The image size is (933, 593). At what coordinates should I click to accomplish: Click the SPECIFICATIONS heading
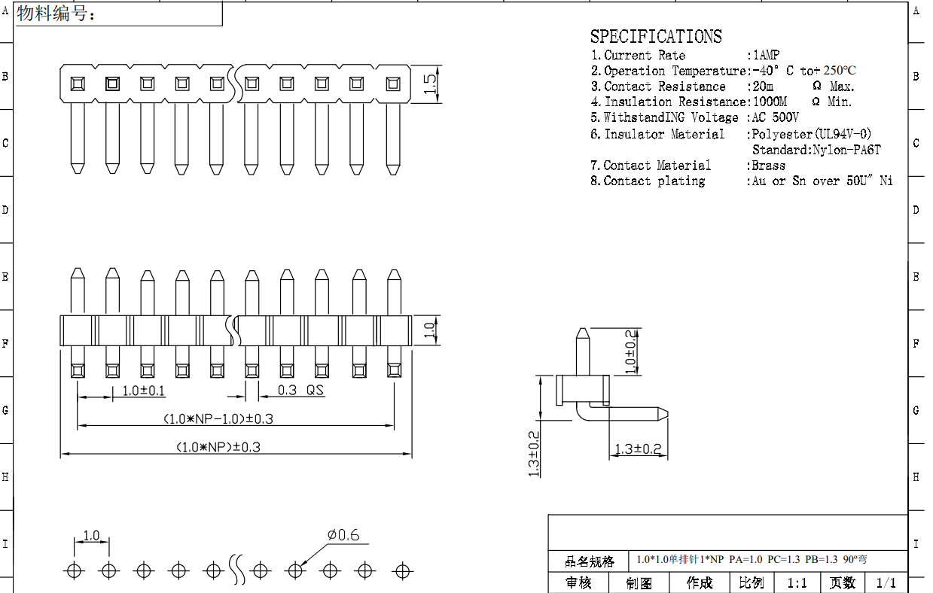coord(655,36)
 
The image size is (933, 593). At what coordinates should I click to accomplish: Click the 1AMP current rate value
coord(765,55)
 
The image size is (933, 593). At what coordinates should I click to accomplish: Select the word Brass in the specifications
coord(769,166)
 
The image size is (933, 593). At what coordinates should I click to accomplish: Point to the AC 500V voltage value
coord(776,117)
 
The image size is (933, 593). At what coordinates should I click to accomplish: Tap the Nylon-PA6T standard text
coord(846,150)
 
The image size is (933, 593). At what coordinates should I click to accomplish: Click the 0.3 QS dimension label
coord(300,391)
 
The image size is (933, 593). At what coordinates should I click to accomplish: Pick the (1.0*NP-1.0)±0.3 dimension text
coord(218,418)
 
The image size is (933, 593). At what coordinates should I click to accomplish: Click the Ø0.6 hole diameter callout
coord(343,536)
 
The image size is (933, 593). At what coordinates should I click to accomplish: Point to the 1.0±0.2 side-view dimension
coord(631,352)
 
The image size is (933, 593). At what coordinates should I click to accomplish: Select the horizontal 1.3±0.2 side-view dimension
coord(637,449)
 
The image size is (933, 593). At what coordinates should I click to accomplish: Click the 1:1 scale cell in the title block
coord(797,583)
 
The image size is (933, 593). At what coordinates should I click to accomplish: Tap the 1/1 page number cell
coord(886,583)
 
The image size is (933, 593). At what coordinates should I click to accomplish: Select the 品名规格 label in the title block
coord(590,561)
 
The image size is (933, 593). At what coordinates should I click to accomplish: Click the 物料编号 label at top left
coord(56,14)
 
